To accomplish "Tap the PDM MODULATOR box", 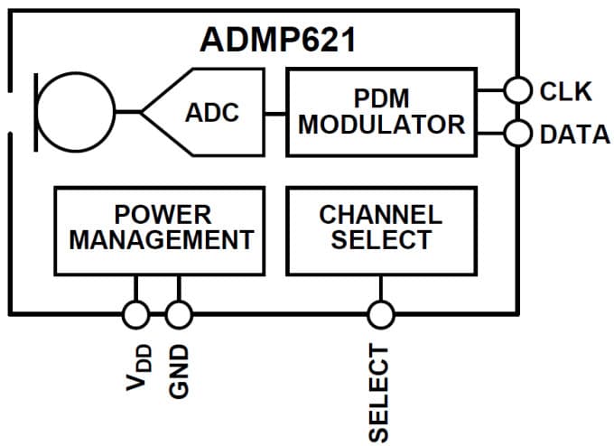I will point(381,112).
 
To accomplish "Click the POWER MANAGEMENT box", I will point(160,229).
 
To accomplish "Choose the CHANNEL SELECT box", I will point(380,229).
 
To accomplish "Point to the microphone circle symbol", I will point(76,112).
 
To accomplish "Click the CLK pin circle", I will point(517,90).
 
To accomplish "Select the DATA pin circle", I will point(517,134).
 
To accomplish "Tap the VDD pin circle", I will point(135,314).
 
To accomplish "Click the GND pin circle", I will point(179,314).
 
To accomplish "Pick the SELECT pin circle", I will point(380,314).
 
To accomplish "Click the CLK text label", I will point(565,91).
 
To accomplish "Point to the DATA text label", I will point(574,135).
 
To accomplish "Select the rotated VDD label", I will point(137,367).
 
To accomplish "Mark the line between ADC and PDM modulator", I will point(275,113).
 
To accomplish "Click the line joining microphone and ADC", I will point(128,113).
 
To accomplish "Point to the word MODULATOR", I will point(381,125).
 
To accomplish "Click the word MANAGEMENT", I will point(161,241).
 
